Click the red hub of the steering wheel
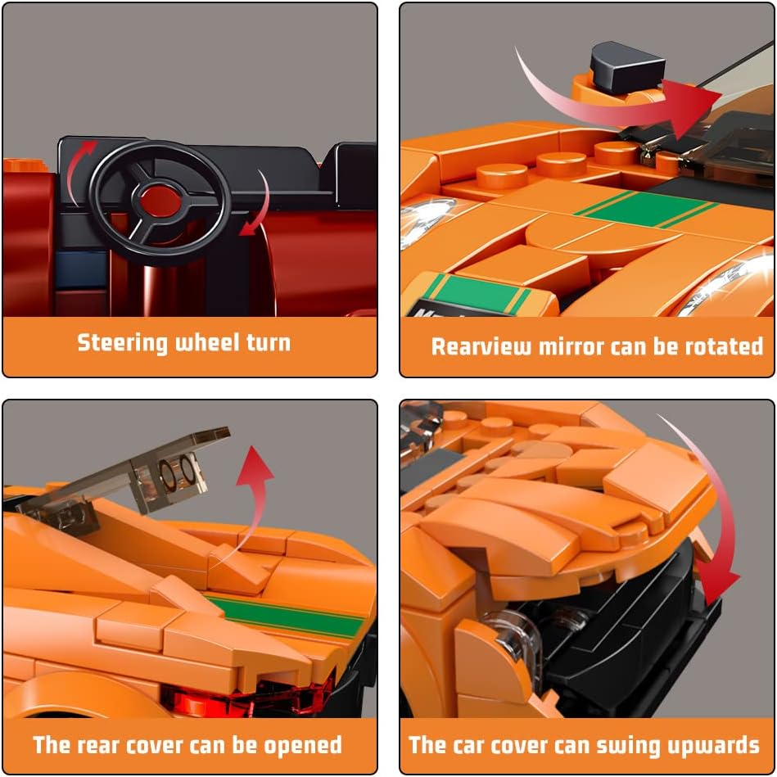(160, 201)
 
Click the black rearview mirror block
(626, 67)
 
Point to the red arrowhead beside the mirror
(690, 107)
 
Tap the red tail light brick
(248, 695)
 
